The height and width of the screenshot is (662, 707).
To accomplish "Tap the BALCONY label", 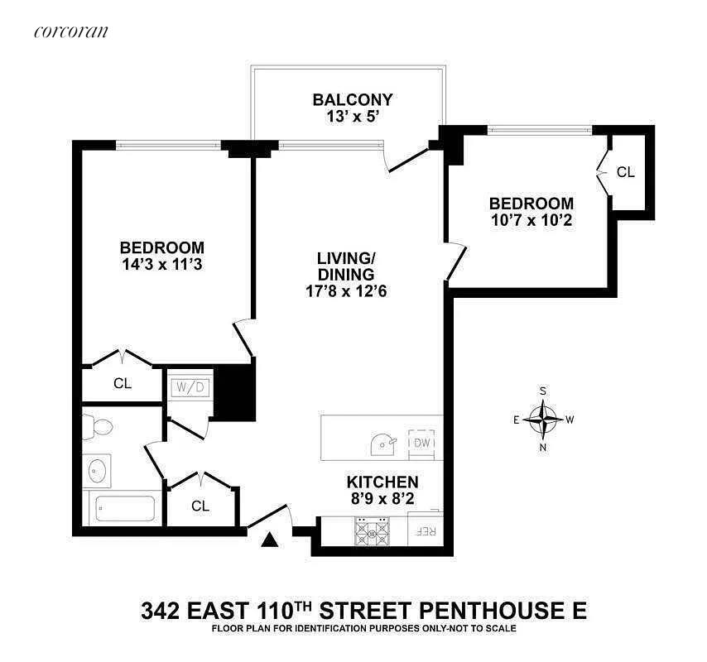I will coord(352,100).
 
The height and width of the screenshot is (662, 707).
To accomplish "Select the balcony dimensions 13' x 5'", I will coord(352,118).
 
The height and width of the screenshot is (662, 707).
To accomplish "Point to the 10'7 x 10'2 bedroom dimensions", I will coord(531,221).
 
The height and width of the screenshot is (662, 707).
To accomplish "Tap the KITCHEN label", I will coord(382,482).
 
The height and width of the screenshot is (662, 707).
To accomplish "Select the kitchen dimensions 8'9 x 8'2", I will coord(382,499).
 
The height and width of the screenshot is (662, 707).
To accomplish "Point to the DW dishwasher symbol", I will coord(422,443).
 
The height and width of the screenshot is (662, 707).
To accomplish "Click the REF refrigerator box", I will coord(426,530).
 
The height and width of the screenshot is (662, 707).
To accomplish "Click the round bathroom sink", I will coord(98,470).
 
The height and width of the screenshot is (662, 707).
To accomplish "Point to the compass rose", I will coord(543,419).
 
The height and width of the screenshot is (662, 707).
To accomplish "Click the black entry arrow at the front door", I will coord(270,540).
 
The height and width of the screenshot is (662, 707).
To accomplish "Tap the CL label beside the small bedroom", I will coord(626,172).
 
